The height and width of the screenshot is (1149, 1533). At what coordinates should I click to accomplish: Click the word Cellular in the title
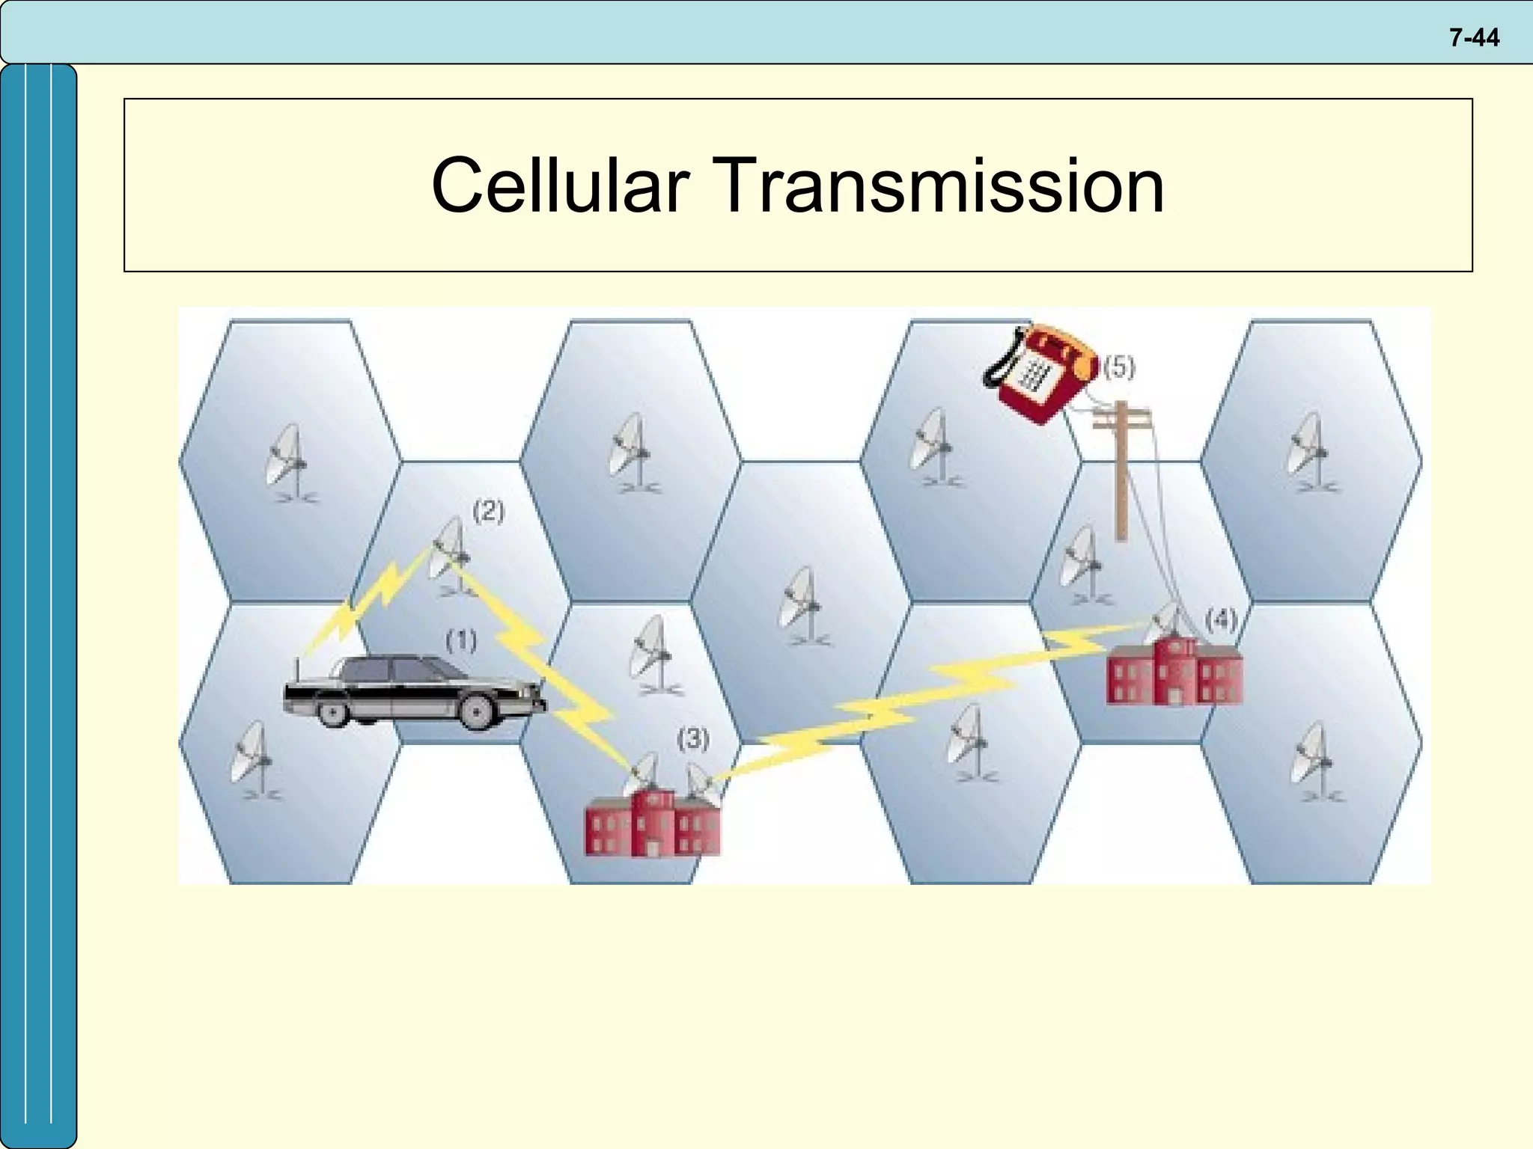[x=559, y=186]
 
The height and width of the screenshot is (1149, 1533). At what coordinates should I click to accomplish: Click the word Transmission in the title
[x=941, y=186]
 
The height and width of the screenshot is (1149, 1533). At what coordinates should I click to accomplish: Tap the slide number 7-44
[x=1473, y=37]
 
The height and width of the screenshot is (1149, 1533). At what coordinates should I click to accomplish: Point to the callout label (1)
[x=461, y=641]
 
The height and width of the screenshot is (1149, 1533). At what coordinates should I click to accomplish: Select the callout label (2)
[x=489, y=512]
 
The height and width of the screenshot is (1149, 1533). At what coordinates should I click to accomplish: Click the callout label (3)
[x=693, y=739]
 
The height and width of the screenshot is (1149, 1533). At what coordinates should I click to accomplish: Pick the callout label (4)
[x=1221, y=619]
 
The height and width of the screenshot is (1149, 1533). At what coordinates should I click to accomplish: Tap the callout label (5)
[x=1120, y=367]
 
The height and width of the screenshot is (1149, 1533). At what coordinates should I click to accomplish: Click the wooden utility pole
[x=1121, y=471]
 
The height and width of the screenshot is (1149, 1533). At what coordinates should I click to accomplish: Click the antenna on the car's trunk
[x=298, y=670]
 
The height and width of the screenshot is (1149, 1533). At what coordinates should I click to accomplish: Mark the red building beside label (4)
[x=1172, y=672]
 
